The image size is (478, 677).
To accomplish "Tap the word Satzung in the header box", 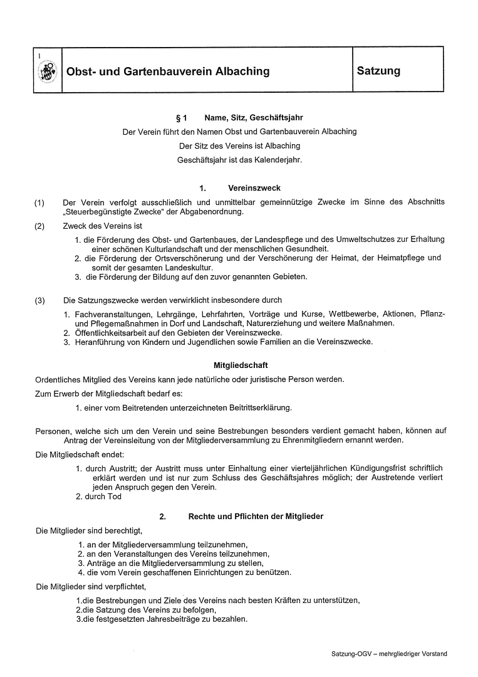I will [x=378, y=71].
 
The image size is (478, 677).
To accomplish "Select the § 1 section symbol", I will [x=182, y=117].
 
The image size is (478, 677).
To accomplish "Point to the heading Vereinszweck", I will [x=254, y=187].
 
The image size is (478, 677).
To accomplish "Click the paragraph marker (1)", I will [x=40, y=202].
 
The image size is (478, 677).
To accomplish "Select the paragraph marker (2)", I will [x=40, y=226].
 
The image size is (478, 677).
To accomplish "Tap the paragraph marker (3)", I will [x=40, y=300].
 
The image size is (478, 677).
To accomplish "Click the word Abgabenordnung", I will [x=207, y=212].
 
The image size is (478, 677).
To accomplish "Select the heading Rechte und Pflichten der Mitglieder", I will [x=256, y=517].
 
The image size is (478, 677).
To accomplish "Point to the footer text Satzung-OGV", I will [x=352, y=654].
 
